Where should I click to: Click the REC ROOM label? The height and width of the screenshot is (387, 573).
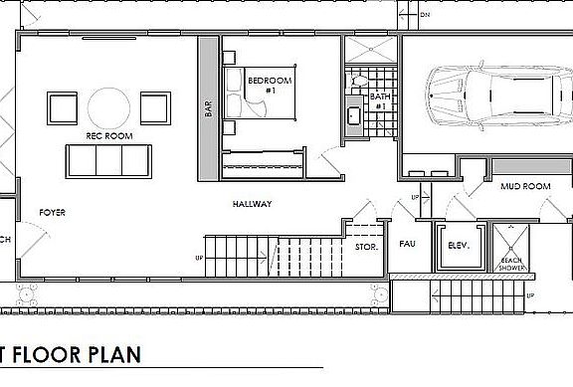click(x=109, y=135)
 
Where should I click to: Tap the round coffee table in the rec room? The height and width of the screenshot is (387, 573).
click(x=107, y=104)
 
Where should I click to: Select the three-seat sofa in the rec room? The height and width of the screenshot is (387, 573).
click(x=107, y=160)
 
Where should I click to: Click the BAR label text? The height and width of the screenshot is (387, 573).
click(x=208, y=108)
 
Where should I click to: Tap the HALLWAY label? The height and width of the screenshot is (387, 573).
click(x=252, y=204)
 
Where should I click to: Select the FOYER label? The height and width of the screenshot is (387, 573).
click(x=52, y=213)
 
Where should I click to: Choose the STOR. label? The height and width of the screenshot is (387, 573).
click(x=366, y=245)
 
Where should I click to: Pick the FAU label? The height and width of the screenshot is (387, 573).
click(x=406, y=244)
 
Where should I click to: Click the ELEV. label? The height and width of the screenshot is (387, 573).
click(x=459, y=245)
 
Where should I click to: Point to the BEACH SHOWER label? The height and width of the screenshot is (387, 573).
click(x=513, y=262)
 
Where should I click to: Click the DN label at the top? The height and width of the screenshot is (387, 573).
click(x=425, y=16)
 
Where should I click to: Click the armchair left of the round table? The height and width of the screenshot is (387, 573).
click(x=62, y=105)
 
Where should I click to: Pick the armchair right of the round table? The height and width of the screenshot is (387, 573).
click(x=154, y=105)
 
